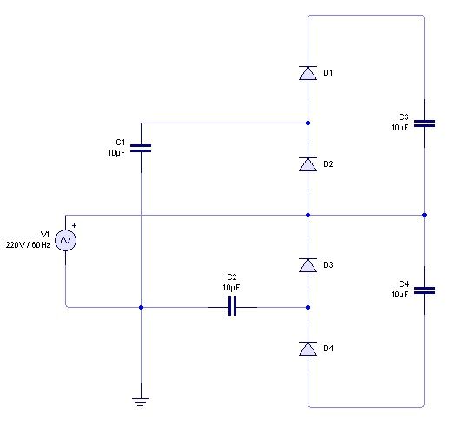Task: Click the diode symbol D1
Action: (308, 73)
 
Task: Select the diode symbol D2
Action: (308, 164)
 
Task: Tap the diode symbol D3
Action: (308, 265)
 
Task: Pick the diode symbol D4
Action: (308, 349)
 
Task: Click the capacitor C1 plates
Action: (141, 149)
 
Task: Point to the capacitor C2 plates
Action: (233, 307)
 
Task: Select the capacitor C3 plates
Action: (425, 123)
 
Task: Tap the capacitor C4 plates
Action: (425, 290)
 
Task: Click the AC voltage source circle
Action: (65, 240)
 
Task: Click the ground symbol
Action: (141, 402)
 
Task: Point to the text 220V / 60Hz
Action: (28, 245)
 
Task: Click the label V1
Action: (45, 235)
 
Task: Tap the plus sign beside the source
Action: (74, 226)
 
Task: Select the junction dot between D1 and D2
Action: (308, 123)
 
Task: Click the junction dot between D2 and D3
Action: (308, 215)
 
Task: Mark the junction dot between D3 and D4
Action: (308, 307)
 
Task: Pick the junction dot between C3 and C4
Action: (424, 215)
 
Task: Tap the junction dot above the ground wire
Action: (141, 307)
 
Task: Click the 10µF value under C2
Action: (231, 288)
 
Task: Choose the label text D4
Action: (328, 349)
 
